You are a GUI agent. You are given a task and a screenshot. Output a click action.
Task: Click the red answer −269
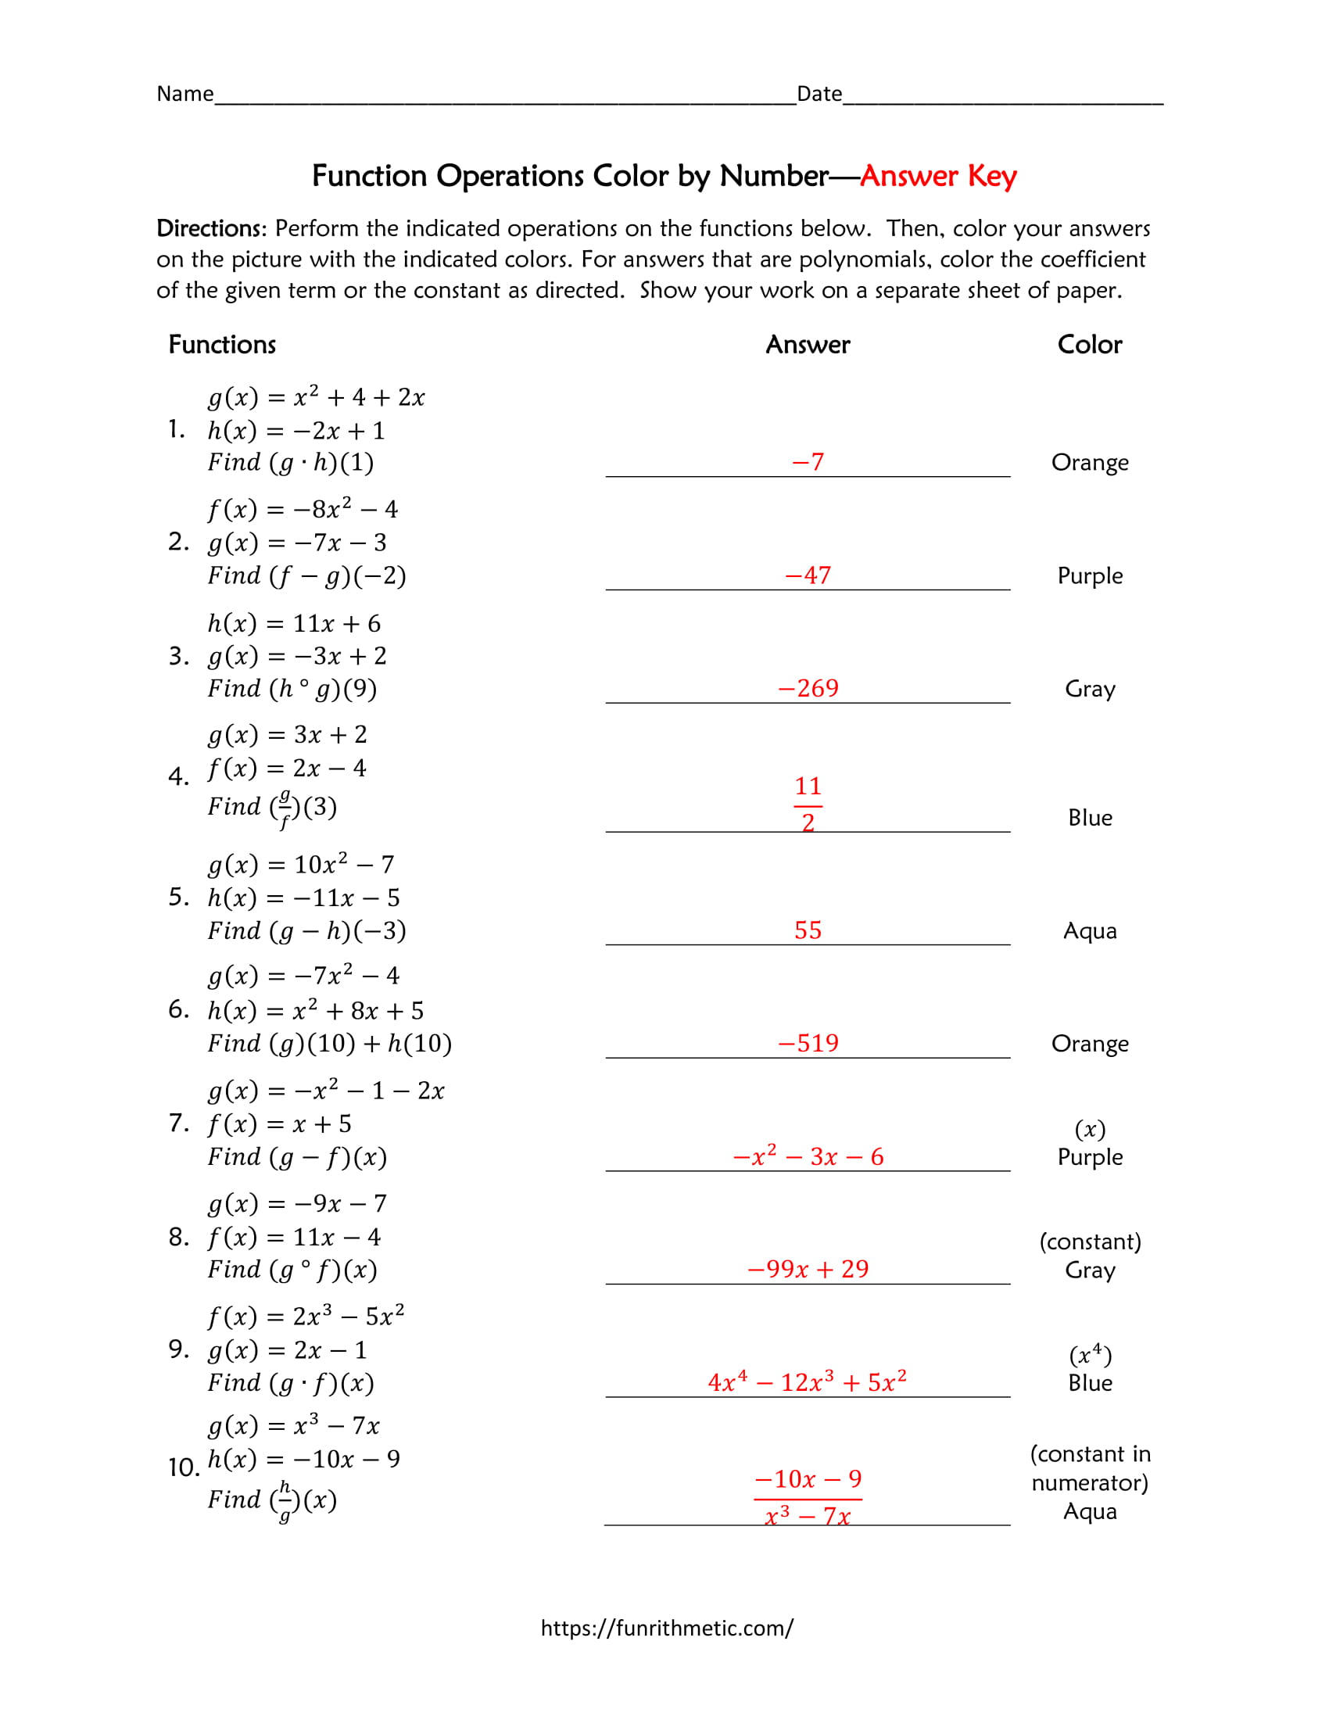tap(808, 688)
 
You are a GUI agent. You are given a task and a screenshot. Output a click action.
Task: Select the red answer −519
tap(808, 1044)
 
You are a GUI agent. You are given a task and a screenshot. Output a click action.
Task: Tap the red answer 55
tap(808, 930)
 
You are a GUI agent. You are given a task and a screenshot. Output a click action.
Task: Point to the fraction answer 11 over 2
tap(808, 804)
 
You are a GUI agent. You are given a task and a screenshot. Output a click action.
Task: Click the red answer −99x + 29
tap(808, 1269)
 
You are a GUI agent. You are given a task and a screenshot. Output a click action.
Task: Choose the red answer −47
tap(808, 575)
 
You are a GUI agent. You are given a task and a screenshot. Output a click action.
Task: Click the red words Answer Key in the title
tap(937, 176)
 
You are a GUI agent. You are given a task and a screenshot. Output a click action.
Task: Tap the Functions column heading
tap(222, 344)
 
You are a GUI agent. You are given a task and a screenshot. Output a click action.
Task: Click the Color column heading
tap(1090, 344)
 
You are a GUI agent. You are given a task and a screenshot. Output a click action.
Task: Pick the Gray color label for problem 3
tap(1090, 689)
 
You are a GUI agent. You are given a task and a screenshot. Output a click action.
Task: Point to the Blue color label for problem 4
tap(1090, 818)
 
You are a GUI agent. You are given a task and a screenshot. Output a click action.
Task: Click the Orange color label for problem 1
tap(1090, 462)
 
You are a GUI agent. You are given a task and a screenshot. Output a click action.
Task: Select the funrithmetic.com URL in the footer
tap(667, 1628)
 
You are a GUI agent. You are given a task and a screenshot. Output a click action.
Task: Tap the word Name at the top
tap(185, 94)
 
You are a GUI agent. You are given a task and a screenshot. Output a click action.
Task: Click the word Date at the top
tap(819, 94)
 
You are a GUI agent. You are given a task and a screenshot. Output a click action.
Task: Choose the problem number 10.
tap(184, 1467)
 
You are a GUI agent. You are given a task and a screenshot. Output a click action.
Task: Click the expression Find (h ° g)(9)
tap(292, 689)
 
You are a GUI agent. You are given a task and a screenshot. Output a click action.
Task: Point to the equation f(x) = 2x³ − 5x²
tap(306, 1316)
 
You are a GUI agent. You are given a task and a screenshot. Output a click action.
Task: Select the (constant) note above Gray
tap(1090, 1242)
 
